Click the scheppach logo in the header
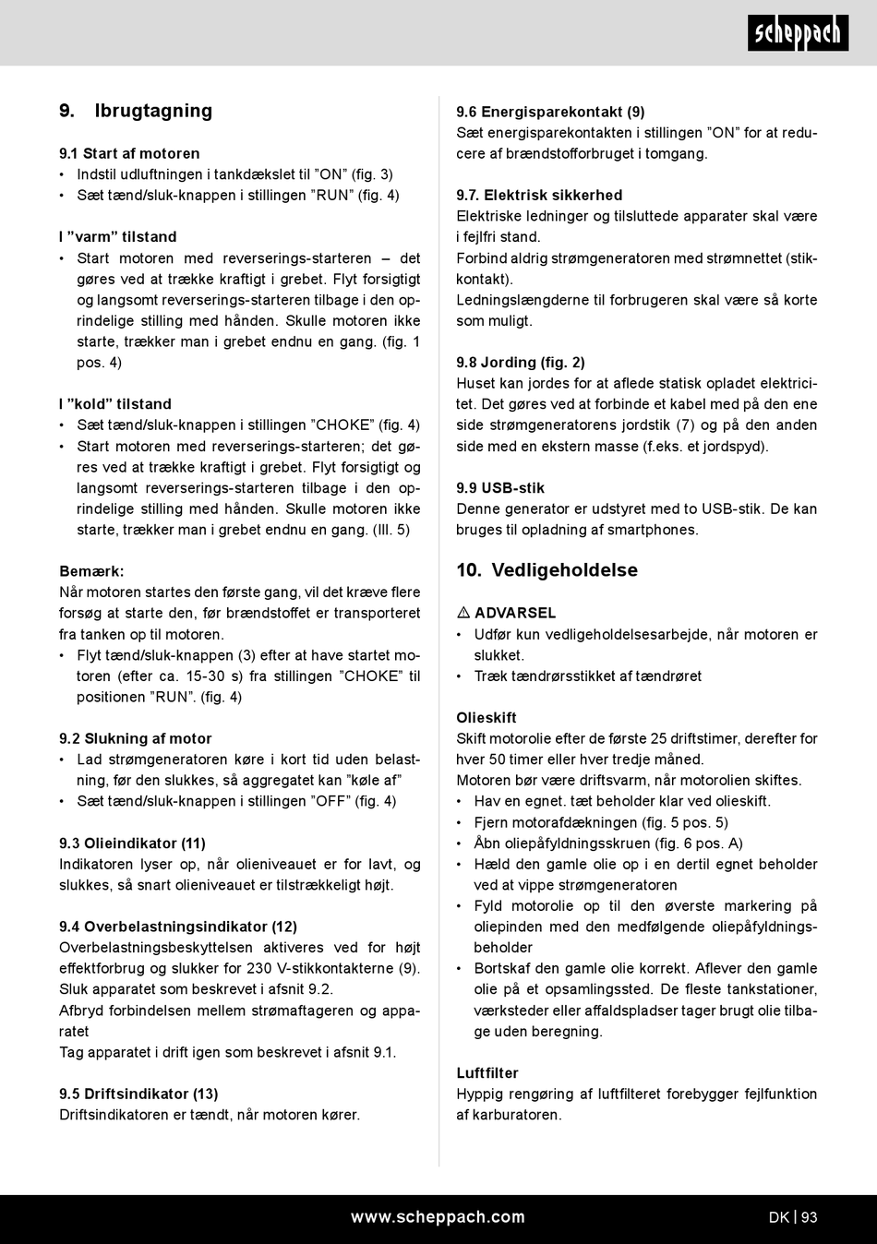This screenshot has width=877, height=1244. pyautogui.click(x=798, y=33)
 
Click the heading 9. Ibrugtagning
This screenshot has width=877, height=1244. pyautogui.click(x=136, y=111)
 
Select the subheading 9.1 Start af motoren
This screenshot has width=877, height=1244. pyautogui.click(x=129, y=153)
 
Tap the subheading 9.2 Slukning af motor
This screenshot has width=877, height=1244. pyautogui.click(x=136, y=738)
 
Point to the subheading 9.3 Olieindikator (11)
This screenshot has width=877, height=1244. pyautogui.click(x=132, y=843)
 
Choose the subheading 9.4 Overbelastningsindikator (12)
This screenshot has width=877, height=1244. pyautogui.click(x=178, y=927)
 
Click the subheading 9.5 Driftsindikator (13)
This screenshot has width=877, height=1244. pyautogui.click(x=138, y=1094)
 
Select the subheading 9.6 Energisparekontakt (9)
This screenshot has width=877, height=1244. pyautogui.click(x=550, y=112)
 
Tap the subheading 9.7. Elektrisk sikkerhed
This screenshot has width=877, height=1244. pyautogui.click(x=539, y=195)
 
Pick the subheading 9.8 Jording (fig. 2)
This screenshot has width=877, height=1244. pyautogui.click(x=521, y=362)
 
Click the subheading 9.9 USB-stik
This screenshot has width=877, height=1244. pyautogui.click(x=500, y=487)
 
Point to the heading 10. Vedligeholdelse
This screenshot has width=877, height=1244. pyautogui.click(x=547, y=569)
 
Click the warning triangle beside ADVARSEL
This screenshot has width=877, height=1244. pyautogui.click(x=463, y=613)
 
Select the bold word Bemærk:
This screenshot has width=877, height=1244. pyautogui.click(x=91, y=571)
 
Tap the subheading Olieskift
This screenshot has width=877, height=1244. pyautogui.click(x=487, y=717)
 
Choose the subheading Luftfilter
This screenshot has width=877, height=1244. pyautogui.click(x=487, y=1072)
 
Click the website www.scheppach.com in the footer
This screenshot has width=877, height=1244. pyautogui.click(x=438, y=1216)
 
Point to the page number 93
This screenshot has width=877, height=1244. pyautogui.click(x=810, y=1217)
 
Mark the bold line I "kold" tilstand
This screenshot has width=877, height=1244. pyautogui.click(x=115, y=403)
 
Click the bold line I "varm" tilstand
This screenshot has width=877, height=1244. pyautogui.click(x=117, y=236)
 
